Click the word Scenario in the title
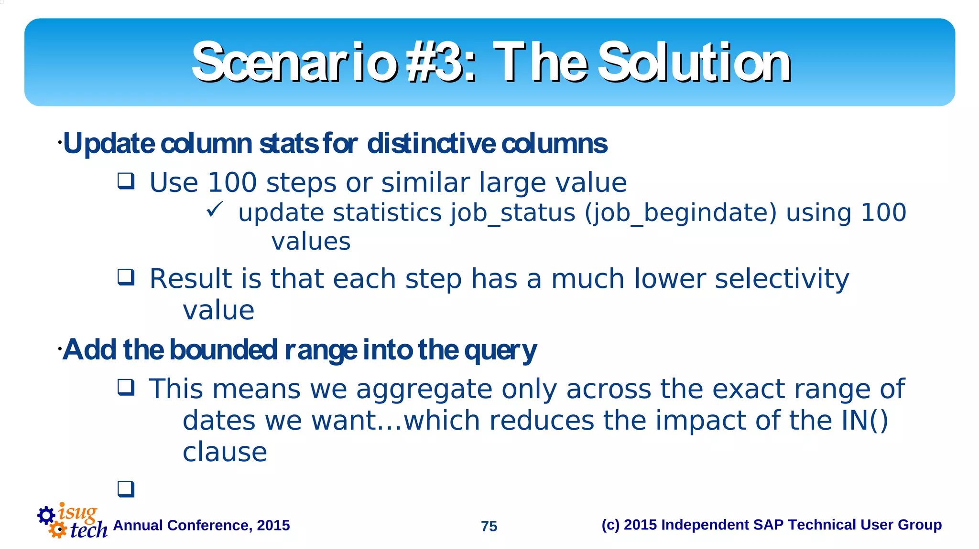click(x=294, y=63)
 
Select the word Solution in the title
click(x=694, y=63)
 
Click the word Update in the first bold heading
click(x=109, y=144)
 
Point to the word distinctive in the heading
click(x=431, y=144)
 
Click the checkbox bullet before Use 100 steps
click(x=126, y=181)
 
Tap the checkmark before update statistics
click(x=215, y=209)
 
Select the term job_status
click(x=513, y=213)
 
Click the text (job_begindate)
click(x=681, y=213)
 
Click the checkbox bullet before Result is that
click(x=126, y=277)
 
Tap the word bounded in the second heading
click(x=223, y=350)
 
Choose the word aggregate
click(x=424, y=389)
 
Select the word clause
click(x=225, y=452)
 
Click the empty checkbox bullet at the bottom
click(x=126, y=489)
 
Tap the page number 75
click(x=489, y=526)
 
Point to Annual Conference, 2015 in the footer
click(x=201, y=526)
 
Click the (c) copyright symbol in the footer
click(x=610, y=525)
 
